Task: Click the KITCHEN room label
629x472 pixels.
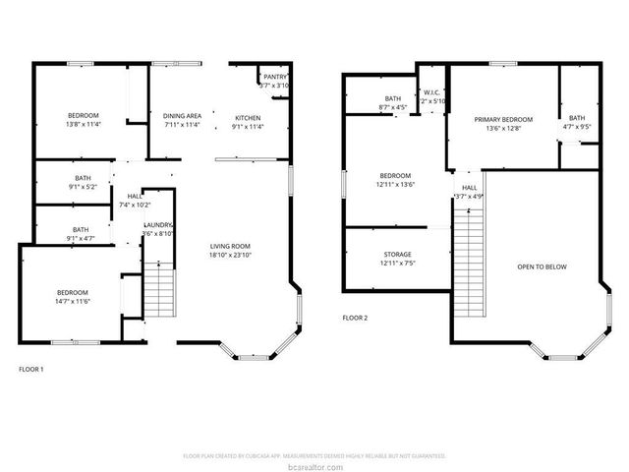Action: pos(247,117)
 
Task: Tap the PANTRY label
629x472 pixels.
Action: pos(275,77)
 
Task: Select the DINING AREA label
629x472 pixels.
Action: pos(182,117)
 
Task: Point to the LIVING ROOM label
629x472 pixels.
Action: pos(232,246)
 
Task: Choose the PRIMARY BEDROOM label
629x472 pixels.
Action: pos(502,119)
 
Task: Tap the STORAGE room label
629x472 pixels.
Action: pos(397,255)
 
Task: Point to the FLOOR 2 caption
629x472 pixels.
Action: pos(354,318)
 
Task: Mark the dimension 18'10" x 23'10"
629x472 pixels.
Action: pos(232,255)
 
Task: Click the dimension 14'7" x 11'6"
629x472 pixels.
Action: pos(72,301)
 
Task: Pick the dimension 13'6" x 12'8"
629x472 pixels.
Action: pos(502,128)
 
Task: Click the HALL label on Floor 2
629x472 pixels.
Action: pos(470,187)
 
